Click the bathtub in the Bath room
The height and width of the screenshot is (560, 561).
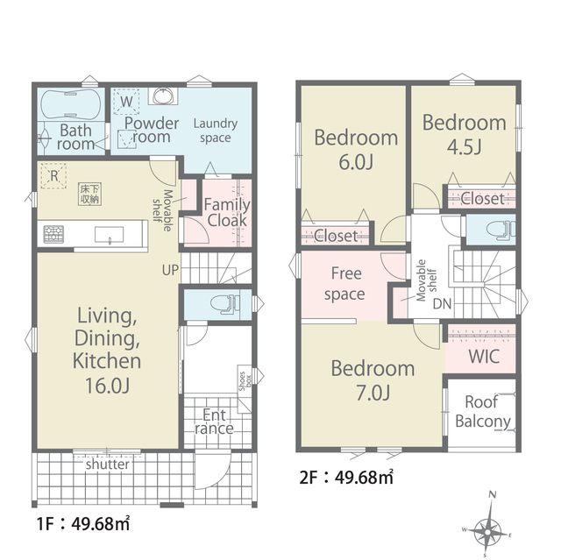click(x=71, y=104)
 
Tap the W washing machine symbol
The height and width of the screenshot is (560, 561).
click(x=126, y=101)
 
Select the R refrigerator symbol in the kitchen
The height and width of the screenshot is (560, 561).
click(x=53, y=175)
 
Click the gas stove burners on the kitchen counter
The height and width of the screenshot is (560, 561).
click(x=53, y=234)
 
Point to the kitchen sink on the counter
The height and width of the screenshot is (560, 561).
click(x=109, y=235)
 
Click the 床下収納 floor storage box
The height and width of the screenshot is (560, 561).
click(x=89, y=195)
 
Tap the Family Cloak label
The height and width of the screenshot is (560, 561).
click(x=227, y=213)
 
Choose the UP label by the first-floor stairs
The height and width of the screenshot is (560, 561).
click(x=170, y=270)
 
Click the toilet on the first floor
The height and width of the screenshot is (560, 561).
click(x=225, y=304)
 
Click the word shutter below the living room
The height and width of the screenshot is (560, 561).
click(x=107, y=464)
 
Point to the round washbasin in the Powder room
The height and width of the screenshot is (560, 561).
click(x=163, y=96)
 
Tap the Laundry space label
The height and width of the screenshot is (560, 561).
click(x=216, y=131)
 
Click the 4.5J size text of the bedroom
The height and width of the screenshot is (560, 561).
click(x=464, y=146)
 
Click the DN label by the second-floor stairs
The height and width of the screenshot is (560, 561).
click(x=442, y=304)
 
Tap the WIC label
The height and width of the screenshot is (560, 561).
click(x=484, y=356)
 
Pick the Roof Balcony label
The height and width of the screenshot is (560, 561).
click(x=483, y=412)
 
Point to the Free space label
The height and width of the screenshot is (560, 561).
click(x=344, y=284)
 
